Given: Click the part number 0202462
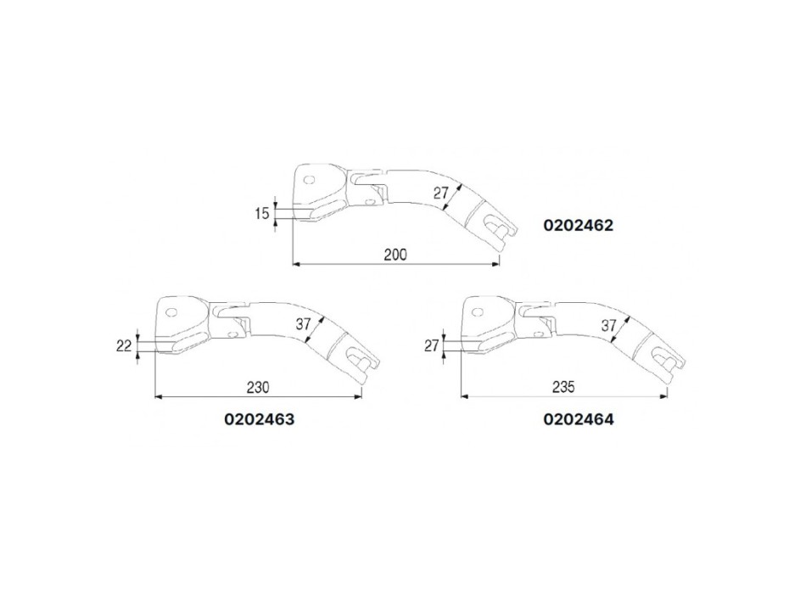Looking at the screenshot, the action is [x=579, y=225].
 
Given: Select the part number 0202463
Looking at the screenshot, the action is [x=260, y=419].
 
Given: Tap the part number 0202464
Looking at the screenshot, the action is [x=579, y=419].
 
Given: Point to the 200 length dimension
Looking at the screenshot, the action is [x=395, y=255].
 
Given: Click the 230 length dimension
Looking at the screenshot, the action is [x=258, y=387].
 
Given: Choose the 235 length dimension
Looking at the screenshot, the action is [x=563, y=387].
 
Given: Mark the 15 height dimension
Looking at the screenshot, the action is [x=261, y=213].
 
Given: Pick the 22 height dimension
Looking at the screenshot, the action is [x=124, y=346].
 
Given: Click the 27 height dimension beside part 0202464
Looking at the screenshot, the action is [x=431, y=345].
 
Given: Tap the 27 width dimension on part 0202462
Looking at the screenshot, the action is [x=440, y=193].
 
